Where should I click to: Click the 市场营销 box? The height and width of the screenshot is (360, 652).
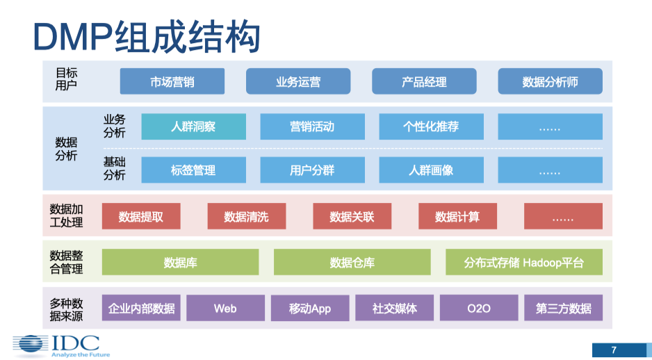pyautogui.click(x=172, y=81)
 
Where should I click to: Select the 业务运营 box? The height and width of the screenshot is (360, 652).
pyautogui.click(x=298, y=81)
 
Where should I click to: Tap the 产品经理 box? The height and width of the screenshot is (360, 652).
pyautogui.click(x=424, y=81)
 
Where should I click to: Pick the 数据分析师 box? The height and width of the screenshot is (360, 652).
pyautogui.click(x=550, y=81)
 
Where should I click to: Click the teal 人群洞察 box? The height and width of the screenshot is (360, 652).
pyautogui.click(x=193, y=126)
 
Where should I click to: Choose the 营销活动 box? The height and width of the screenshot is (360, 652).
pyautogui.click(x=312, y=126)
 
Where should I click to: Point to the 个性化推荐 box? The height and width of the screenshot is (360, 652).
pyautogui.click(x=431, y=126)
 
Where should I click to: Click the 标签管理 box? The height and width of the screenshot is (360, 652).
pyautogui.click(x=193, y=170)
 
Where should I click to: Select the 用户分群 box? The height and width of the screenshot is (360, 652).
pyautogui.click(x=312, y=170)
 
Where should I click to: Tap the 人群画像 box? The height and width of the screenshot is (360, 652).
pyautogui.click(x=431, y=170)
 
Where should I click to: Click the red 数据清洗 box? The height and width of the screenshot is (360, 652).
pyautogui.click(x=246, y=216)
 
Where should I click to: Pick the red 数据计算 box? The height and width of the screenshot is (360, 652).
pyautogui.click(x=457, y=216)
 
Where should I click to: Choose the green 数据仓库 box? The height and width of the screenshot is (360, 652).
pyautogui.click(x=352, y=262)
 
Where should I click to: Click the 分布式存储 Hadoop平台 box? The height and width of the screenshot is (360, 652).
pyautogui.click(x=523, y=262)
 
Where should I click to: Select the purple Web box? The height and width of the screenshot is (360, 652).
pyautogui.click(x=225, y=308)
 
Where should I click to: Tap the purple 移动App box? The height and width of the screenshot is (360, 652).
pyautogui.click(x=310, y=308)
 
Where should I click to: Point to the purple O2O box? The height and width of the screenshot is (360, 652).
pyautogui.click(x=478, y=308)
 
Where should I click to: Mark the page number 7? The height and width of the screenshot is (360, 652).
pyautogui.click(x=614, y=350)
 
